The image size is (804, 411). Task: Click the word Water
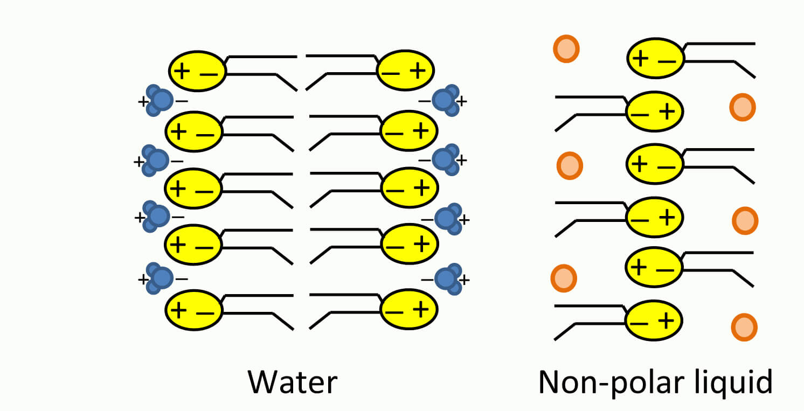[293, 382]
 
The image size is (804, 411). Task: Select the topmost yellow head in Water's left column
[197, 71]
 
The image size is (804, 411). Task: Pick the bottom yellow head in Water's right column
[410, 309]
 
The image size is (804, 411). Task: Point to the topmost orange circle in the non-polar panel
[566, 49]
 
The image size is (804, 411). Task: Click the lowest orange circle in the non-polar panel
[744, 327]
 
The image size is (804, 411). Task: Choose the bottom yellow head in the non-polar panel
[654, 321]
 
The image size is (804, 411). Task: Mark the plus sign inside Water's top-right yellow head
[421, 71]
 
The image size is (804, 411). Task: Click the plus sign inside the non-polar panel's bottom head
[667, 321]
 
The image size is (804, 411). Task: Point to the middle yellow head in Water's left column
[193, 189]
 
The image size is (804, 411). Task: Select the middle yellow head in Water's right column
[410, 188]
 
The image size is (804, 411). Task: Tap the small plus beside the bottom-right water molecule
[465, 280]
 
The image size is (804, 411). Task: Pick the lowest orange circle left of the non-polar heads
[564, 277]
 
